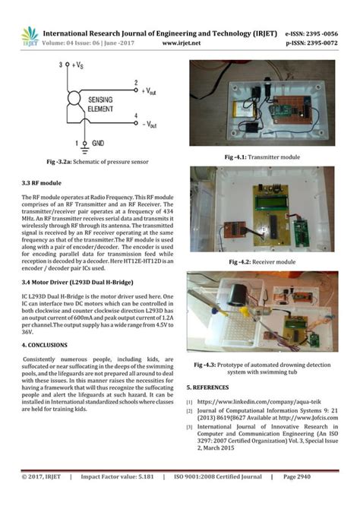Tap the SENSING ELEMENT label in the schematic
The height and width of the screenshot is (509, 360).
pos(103,105)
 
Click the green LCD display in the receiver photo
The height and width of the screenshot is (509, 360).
pos(271,203)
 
